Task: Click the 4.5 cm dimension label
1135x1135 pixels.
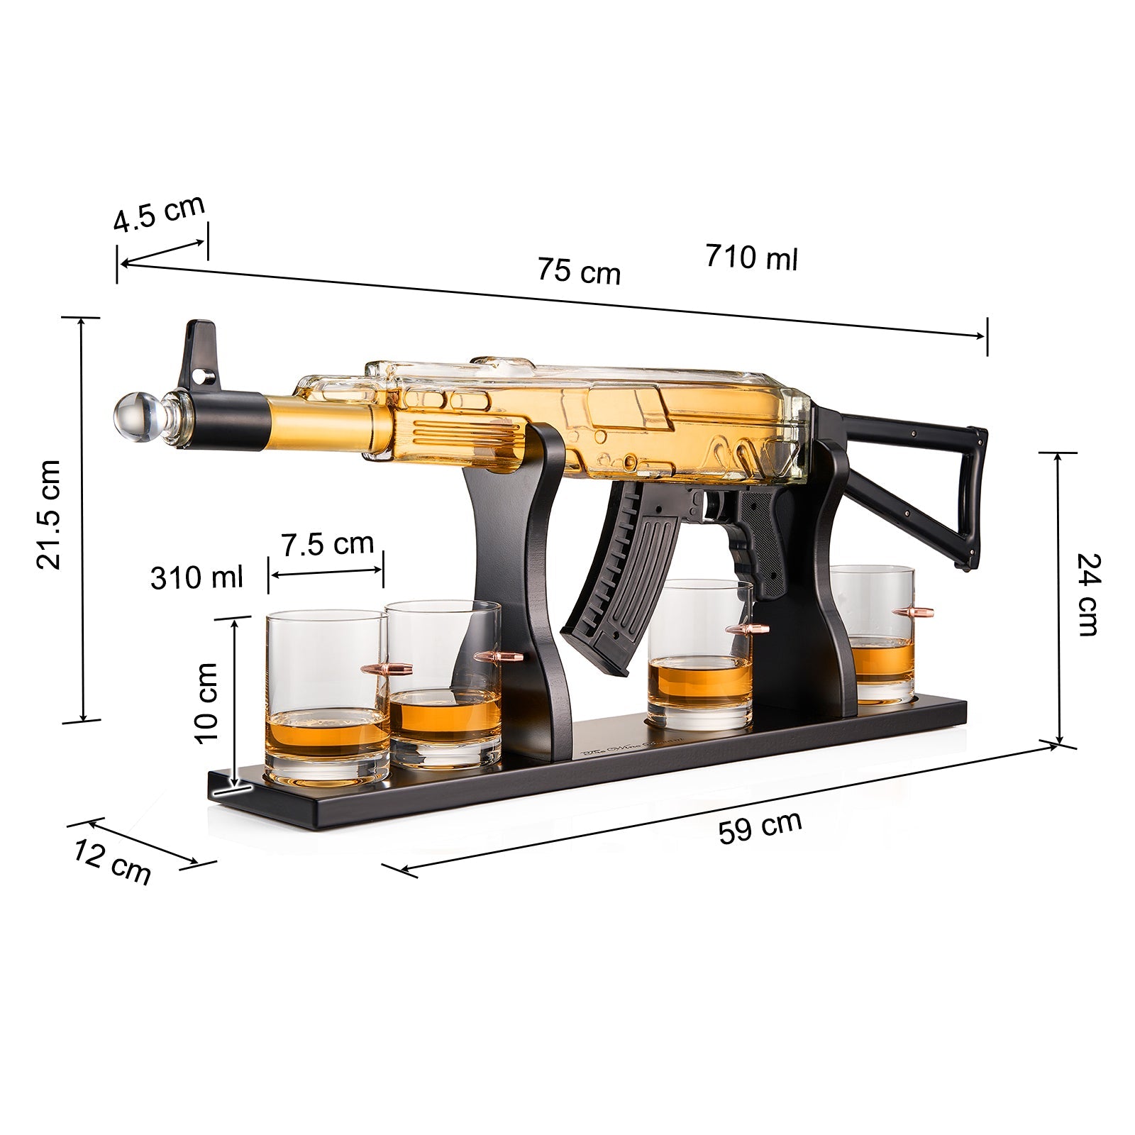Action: (159, 212)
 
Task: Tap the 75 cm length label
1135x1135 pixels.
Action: (578, 271)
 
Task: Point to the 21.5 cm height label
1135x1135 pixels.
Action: (50, 514)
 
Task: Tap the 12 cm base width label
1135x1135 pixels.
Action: (112, 861)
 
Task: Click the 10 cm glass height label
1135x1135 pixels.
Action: (206, 702)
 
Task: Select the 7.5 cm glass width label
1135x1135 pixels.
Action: (327, 544)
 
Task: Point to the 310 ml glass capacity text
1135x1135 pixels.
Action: (196, 577)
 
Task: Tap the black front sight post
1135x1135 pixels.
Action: (199, 355)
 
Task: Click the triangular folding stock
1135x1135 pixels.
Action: (922, 482)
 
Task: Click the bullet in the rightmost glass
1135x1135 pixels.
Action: (913, 611)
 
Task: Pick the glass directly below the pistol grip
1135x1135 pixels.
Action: (701, 653)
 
